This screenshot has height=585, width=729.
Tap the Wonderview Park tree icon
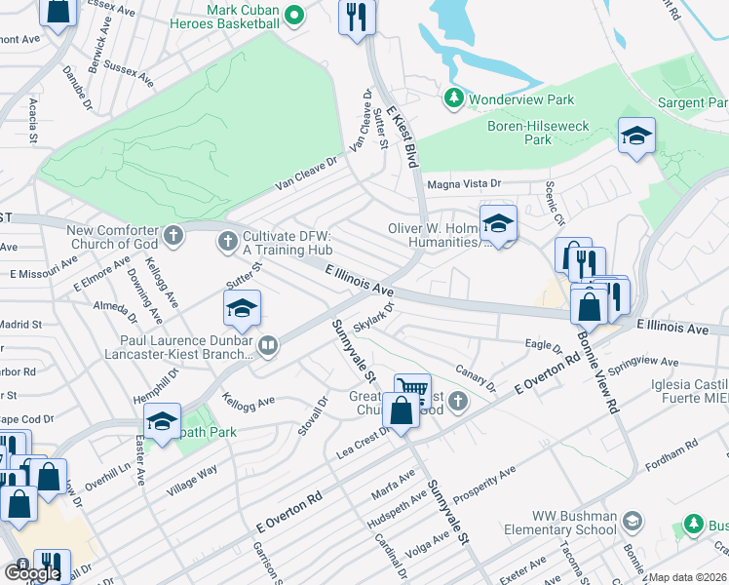point(453,98)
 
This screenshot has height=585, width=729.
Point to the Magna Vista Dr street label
point(464,183)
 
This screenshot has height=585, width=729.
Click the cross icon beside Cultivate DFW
point(228,240)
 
